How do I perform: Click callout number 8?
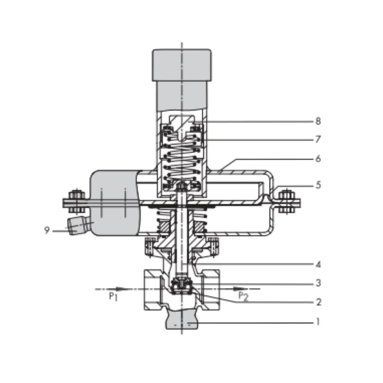(318, 121)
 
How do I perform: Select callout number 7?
(318, 139)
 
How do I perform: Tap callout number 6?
(318, 159)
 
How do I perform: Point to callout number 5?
(318, 185)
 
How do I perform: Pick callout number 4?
(318, 264)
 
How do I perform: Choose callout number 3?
(318, 283)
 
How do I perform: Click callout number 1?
(318, 322)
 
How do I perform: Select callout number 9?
(47, 230)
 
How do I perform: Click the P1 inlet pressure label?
(113, 297)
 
